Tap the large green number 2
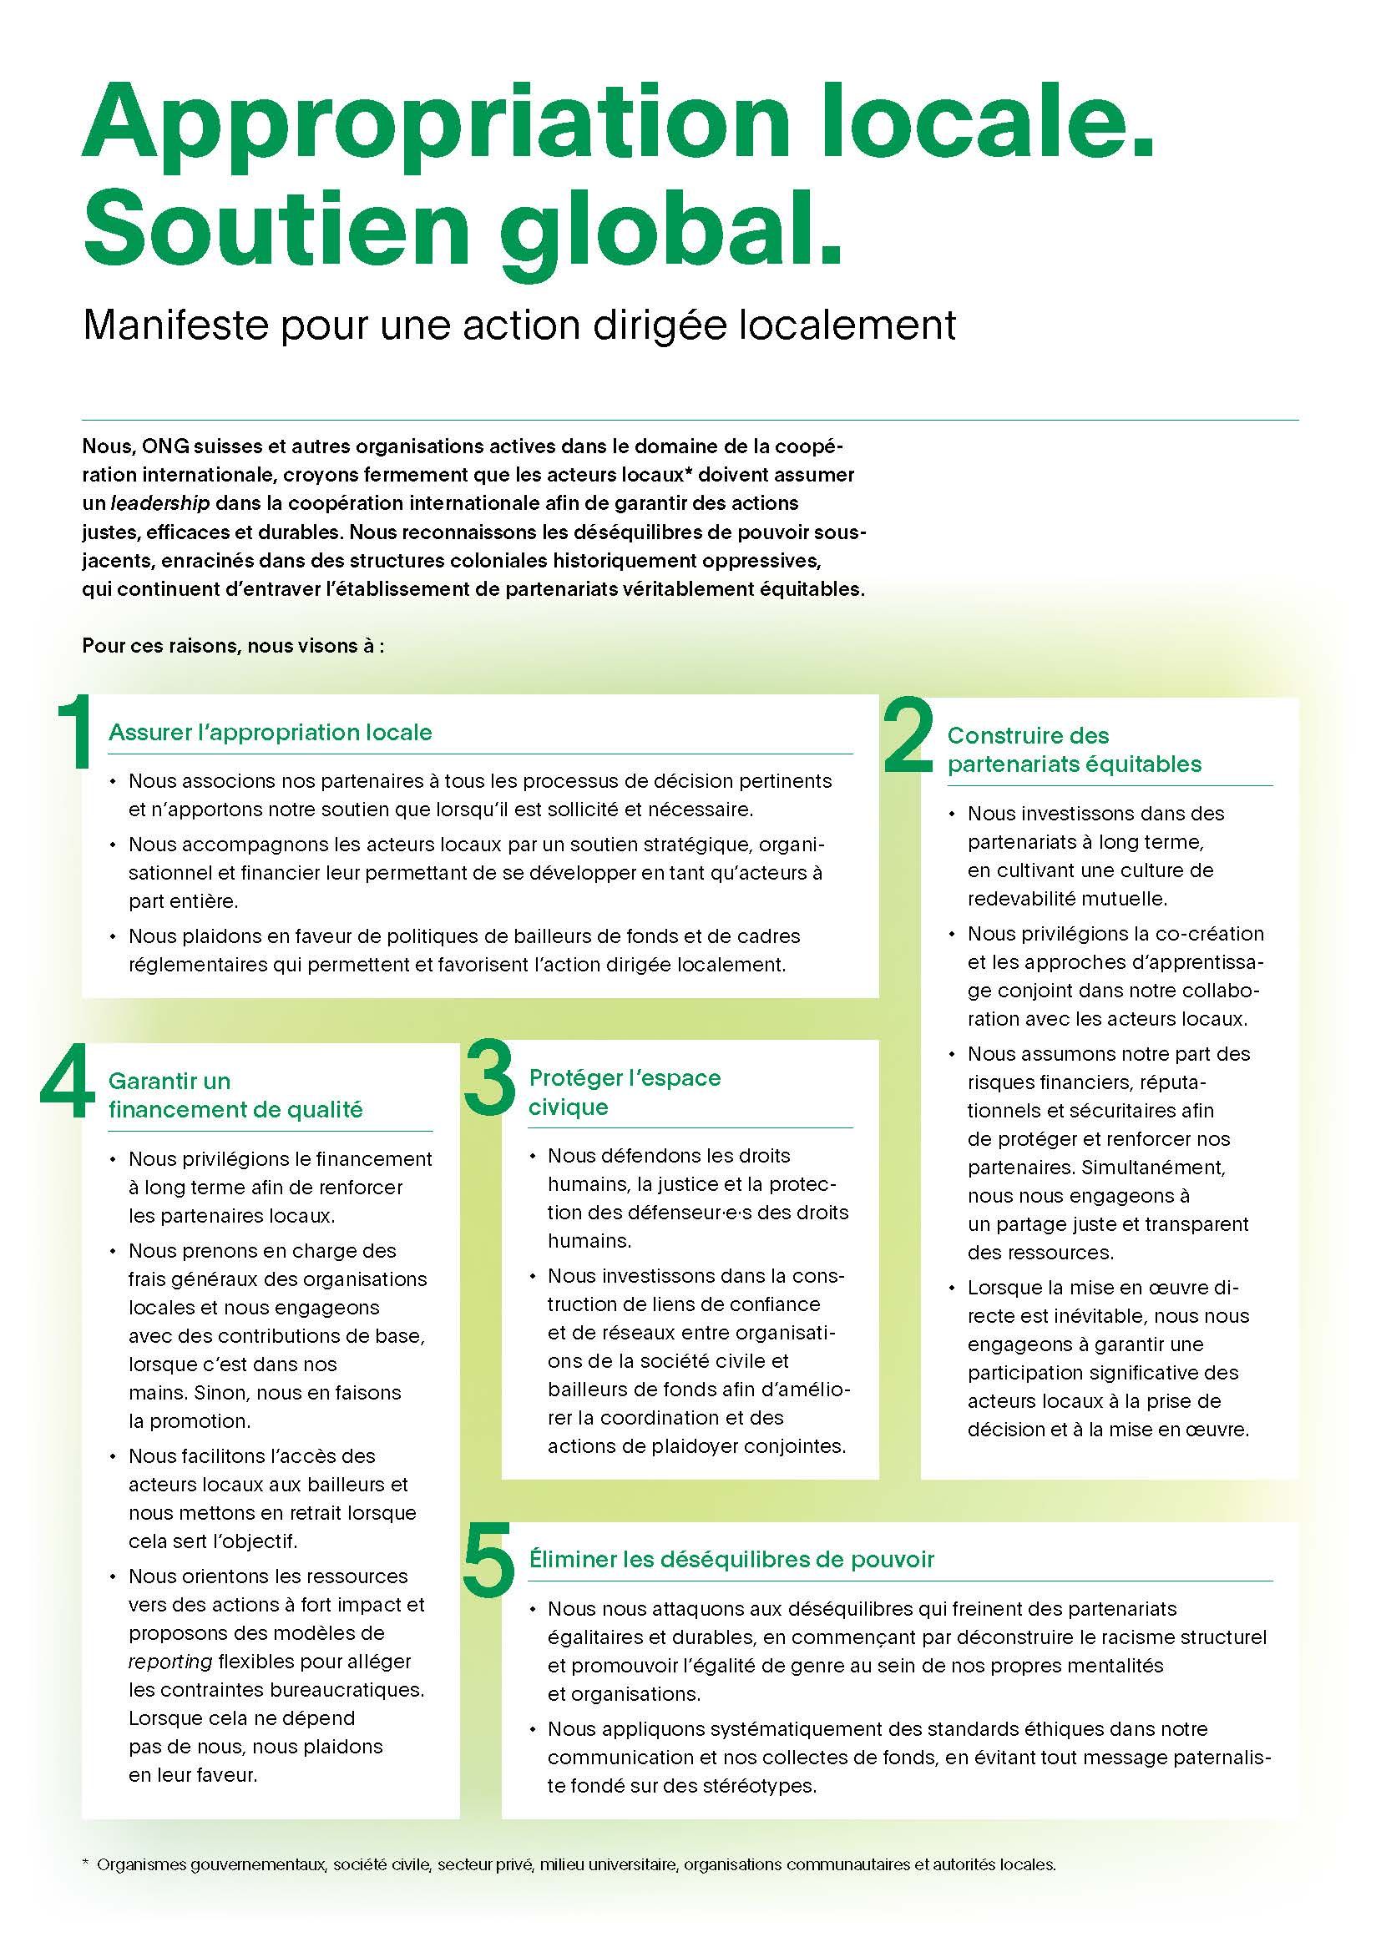908,738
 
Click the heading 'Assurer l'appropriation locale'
271,733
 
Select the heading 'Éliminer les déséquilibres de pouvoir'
731,1559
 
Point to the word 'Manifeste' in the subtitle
175,325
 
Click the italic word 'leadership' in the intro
160,503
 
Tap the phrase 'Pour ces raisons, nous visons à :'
234,645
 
